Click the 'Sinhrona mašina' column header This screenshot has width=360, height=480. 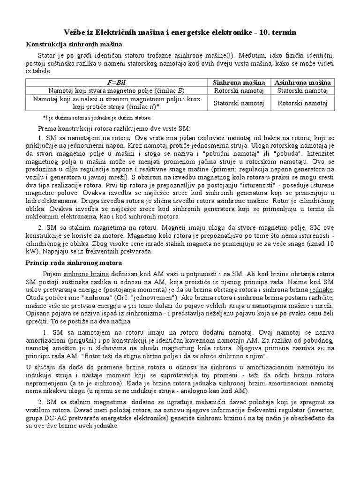(x=239, y=82)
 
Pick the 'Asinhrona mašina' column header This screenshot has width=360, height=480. (x=303, y=82)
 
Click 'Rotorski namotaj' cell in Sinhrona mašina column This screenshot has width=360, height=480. (x=239, y=90)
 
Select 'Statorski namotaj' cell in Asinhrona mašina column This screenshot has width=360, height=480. (x=303, y=90)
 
